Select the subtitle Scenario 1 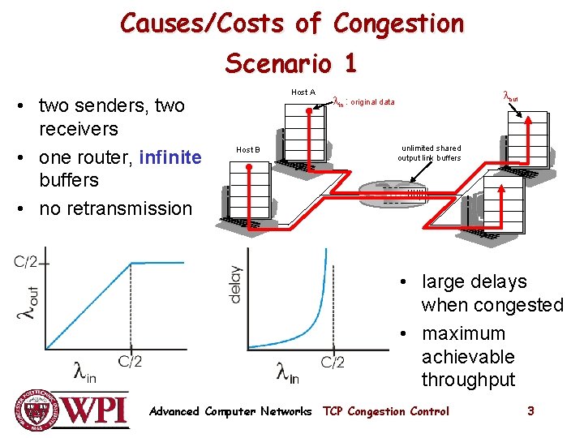pyautogui.click(x=290, y=62)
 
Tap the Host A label pyautogui.click(x=303, y=92)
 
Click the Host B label pyautogui.click(x=247, y=150)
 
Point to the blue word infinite pyautogui.click(x=170, y=154)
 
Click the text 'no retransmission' pyautogui.click(x=116, y=208)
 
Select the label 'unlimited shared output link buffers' pyautogui.click(x=429, y=153)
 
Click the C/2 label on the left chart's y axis pyautogui.click(x=26, y=261)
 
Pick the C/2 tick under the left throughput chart pyautogui.click(x=130, y=362)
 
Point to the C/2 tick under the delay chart pyautogui.click(x=333, y=362)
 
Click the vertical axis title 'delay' pyautogui.click(x=235, y=285)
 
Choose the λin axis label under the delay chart pyautogui.click(x=287, y=372)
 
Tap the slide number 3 pyautogui.click(x=530, y=411)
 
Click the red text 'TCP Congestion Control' pyautogui.click(x=386, y=411)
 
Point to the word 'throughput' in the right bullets pyautogui.click(x=468, y=380)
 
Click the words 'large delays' pyautogui.click(x=474, y=281)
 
